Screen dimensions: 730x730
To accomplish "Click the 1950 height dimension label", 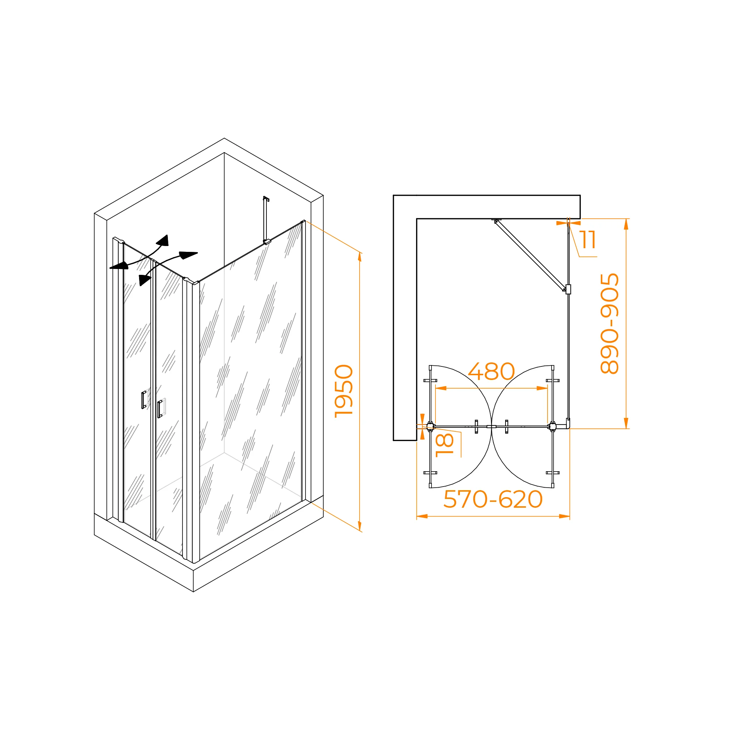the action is point(344,391).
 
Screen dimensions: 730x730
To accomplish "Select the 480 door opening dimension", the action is point(491,372).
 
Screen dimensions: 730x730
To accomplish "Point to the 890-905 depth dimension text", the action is point(610,323).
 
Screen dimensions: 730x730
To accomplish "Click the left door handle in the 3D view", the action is point(143,400).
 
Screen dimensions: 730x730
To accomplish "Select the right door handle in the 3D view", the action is point(160,409).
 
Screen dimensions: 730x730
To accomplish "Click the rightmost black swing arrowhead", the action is point(189,255).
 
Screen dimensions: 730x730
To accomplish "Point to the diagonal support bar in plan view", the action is point(530,255).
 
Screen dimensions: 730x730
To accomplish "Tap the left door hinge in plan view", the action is point(430,427).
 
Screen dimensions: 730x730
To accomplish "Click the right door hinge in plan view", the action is point(552,427).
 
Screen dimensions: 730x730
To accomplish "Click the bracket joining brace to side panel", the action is point(568,289).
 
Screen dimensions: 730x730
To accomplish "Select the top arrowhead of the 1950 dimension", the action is point(360,257).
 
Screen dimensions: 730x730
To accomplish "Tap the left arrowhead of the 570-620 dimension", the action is point(422,516).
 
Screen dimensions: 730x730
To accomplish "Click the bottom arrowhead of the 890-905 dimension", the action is point(626,423).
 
